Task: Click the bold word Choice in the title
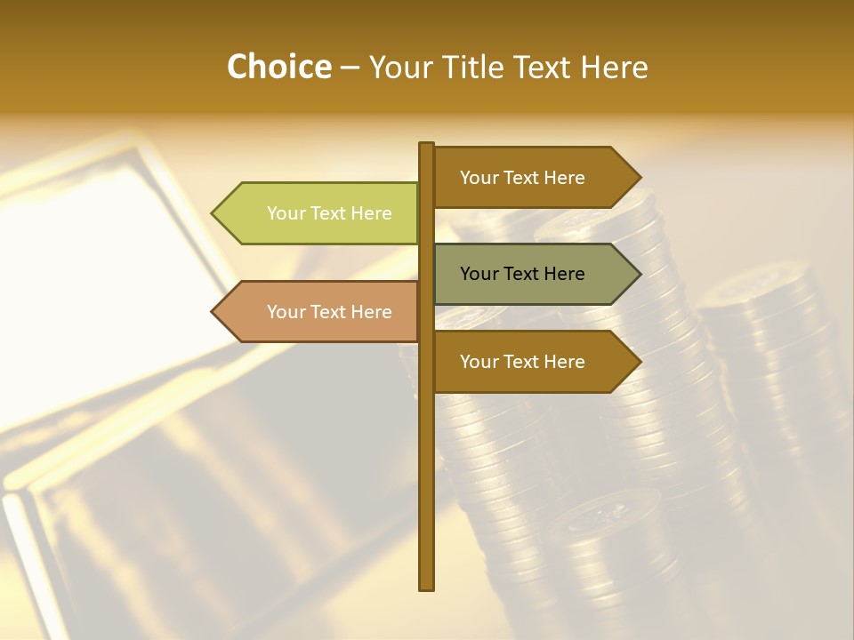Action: [278, 68]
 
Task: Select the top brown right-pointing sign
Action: [525, 178]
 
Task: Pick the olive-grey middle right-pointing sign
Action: [525, 274]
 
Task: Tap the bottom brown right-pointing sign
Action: [525, 362]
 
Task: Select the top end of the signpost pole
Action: [427, 145]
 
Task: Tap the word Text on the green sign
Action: [329, 213]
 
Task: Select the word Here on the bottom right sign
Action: [564, 362]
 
